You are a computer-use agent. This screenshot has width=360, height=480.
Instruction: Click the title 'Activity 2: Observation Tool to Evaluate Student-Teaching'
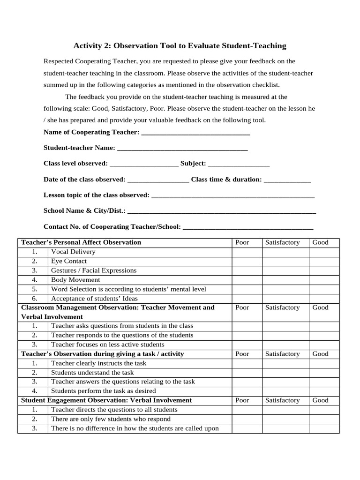[180, 46]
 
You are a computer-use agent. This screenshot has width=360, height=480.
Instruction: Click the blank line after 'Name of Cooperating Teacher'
[195, 133]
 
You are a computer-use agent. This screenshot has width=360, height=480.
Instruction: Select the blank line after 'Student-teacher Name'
[182, 148]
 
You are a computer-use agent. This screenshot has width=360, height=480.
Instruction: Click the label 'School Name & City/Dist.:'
[84, 211]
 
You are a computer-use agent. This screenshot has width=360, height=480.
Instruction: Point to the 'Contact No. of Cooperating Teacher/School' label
[112, 227]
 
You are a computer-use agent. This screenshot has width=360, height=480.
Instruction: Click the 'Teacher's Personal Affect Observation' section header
[81, 243]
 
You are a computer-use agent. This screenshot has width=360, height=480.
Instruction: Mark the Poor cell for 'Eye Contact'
[247, 262]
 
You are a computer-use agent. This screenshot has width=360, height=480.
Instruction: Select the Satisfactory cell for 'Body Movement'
[285, 280]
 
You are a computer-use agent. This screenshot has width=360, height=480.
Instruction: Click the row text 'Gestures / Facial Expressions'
[94, 270]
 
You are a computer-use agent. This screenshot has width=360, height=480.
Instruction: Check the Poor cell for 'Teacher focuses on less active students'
[247, 345]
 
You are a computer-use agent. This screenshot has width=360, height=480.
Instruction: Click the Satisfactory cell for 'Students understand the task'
[285, 373]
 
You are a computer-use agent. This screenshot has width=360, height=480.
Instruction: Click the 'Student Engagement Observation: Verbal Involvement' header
[106, 400]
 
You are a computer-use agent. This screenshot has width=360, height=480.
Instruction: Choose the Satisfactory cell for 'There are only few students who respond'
[285, 419]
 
